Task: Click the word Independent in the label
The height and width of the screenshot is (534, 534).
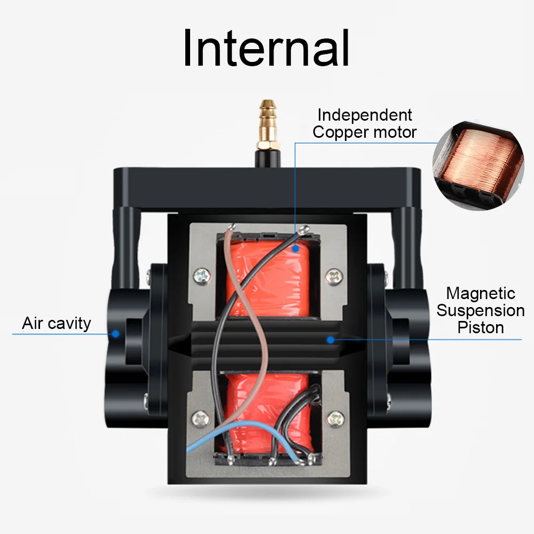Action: (x=365, y=115)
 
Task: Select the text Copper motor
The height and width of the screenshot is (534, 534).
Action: (x=365, y=132)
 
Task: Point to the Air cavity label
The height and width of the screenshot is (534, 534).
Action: (x=57, y=323)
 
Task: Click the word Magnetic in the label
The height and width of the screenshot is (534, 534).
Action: (x=481, y=293)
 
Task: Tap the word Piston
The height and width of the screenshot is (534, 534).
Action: (x=481, y=327)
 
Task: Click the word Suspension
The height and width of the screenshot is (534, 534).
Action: (x=481, y=310)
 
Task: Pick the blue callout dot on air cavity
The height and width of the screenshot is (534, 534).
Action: (x=115, y=334)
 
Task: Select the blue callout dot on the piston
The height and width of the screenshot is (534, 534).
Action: (x=331, y=339)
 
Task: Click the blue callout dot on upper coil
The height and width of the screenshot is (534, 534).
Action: (x=294, y=248)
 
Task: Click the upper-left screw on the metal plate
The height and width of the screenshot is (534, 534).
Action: (x=202, y=276)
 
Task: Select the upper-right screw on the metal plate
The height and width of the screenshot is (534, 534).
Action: (x=334, y=276)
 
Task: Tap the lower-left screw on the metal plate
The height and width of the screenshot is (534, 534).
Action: (x=201, y=418)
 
